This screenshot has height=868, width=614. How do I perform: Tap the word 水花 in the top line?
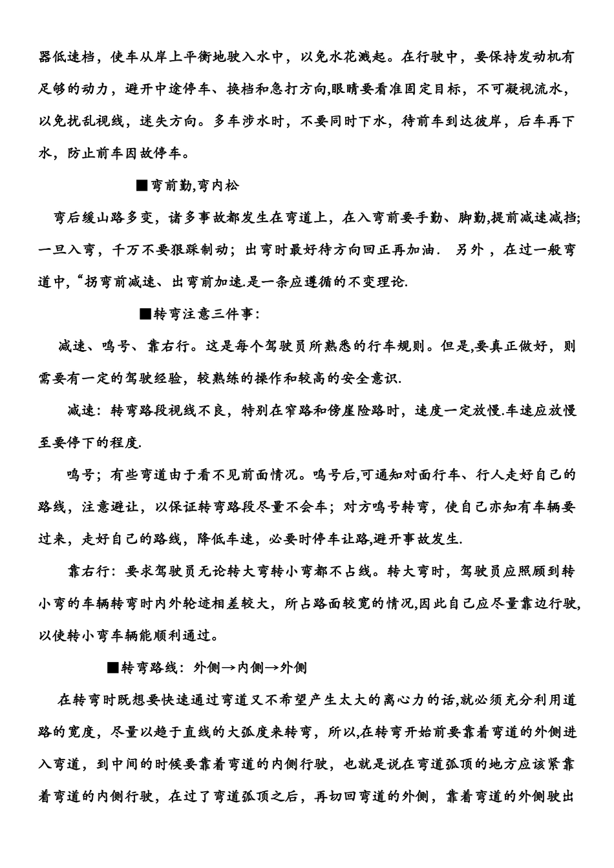(x=327, y=57)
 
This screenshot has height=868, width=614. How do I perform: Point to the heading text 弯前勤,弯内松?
(x=195, y=186)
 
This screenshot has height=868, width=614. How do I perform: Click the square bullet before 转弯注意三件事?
(x=145, y=315)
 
